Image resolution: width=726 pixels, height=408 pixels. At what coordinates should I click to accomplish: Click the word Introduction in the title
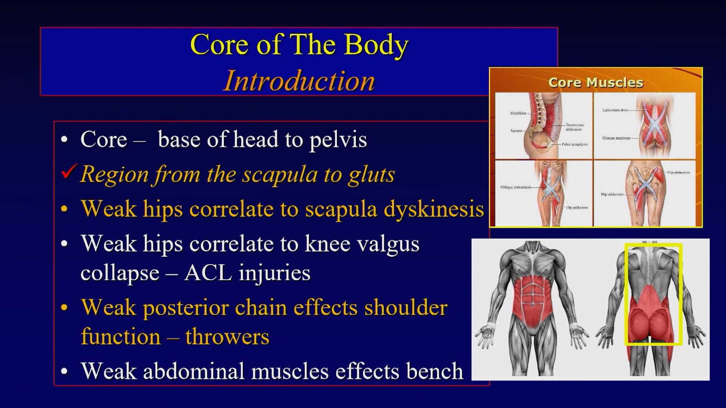click(299, 81)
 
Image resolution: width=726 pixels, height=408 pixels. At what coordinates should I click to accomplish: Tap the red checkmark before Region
click(70, 172)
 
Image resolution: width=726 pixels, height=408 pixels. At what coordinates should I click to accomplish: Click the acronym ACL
click(208, 273)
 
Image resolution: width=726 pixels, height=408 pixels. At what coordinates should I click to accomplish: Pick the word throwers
click(227, 337)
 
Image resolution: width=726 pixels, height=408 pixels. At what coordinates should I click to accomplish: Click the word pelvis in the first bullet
click(338, 140)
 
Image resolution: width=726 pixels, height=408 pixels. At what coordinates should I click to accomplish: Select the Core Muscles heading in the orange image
click(596, 82)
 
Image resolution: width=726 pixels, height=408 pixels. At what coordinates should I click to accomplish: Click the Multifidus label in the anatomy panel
click(518, 113)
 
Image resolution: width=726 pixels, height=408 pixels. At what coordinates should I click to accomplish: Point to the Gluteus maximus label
click(616, 138)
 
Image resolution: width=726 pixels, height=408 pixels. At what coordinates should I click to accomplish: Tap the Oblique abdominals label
click(516, 187)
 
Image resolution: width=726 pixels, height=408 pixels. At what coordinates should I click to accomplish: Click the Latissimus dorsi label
click(615, 110)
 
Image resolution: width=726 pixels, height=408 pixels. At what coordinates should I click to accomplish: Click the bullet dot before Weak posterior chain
click(65, 308)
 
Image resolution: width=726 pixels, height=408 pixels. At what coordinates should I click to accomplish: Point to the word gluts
click(371, 175)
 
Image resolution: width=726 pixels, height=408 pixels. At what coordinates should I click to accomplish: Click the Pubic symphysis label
click(574, 144)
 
